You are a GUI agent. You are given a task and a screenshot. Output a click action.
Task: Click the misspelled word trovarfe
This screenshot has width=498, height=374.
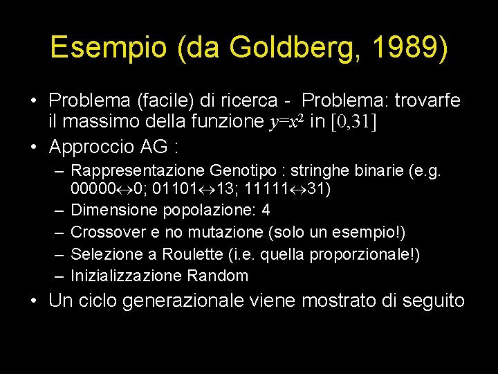tap(427, 101)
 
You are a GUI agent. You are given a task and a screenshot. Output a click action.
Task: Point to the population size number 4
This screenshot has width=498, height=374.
tap(266, 210)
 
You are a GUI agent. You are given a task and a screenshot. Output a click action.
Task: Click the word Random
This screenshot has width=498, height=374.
tap(217, 276)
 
